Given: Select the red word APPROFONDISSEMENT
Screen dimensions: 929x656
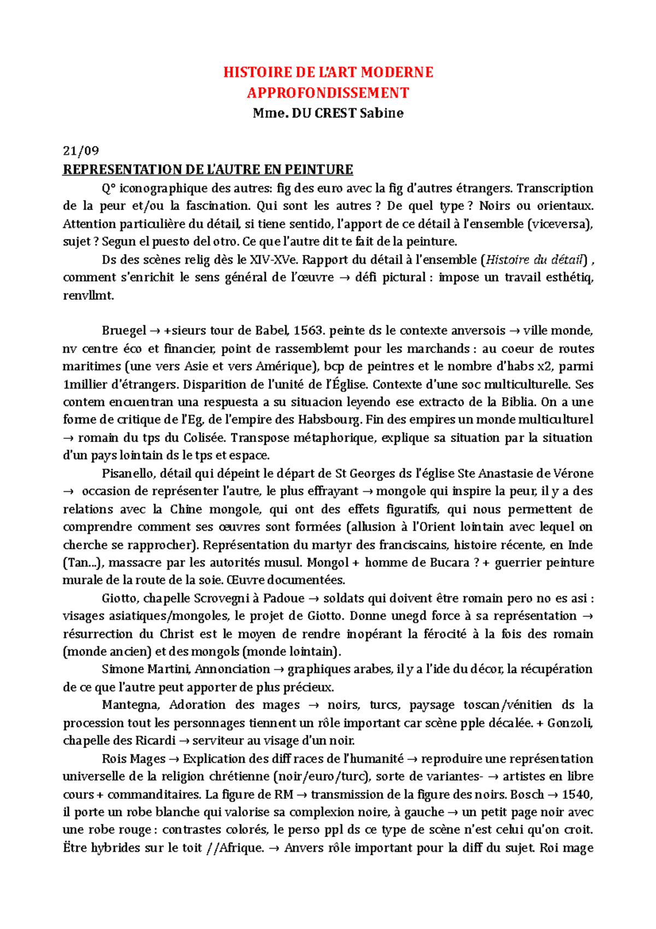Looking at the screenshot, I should click(327, 93).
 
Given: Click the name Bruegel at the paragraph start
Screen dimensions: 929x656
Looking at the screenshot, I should click(124, 330).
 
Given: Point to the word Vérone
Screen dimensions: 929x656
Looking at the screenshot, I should click(573, 473).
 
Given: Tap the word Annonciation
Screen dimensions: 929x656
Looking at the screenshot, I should click(232, 669).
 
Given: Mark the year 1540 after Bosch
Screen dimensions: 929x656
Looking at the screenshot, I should click(577, 794).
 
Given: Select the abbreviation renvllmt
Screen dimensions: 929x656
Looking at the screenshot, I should click(88, 295).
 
